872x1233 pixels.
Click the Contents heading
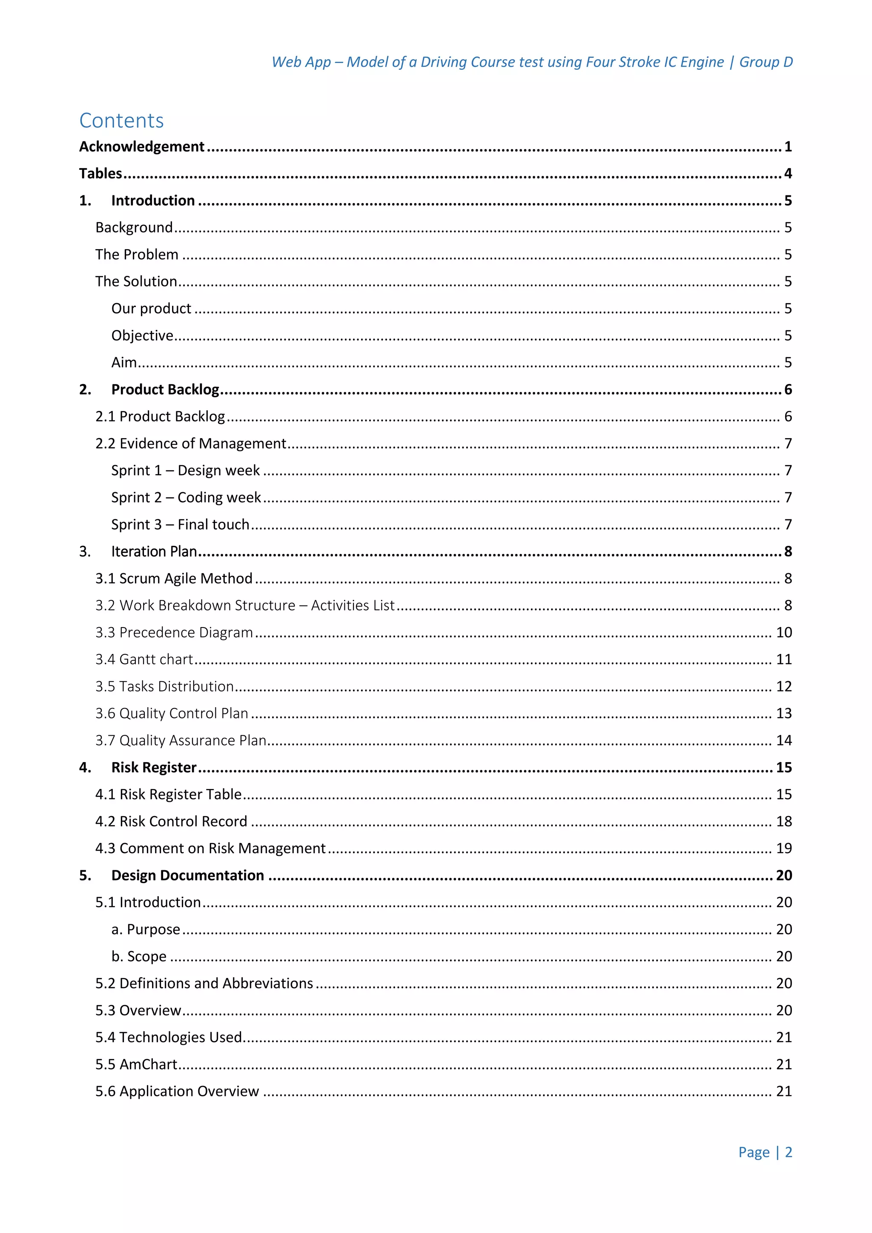coord(121,120)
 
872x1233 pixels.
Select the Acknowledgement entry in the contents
coord(142,146)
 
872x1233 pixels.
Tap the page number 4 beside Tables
coord(788,173)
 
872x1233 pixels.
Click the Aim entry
coord(124,362)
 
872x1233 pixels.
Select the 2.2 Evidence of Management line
coord(191,444)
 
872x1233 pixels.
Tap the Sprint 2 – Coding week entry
coord(186,497)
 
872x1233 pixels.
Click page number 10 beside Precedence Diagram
coord(783,633)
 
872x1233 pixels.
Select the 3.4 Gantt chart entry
coord(144,660)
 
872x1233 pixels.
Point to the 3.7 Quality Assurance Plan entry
coord(181,740)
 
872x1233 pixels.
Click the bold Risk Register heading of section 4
coord(154,767)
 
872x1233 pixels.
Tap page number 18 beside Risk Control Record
coord(783,822)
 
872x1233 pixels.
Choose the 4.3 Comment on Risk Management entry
coord(210,849)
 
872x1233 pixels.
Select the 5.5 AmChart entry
coord(136,1064)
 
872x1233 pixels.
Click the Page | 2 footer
coord(765,1153)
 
